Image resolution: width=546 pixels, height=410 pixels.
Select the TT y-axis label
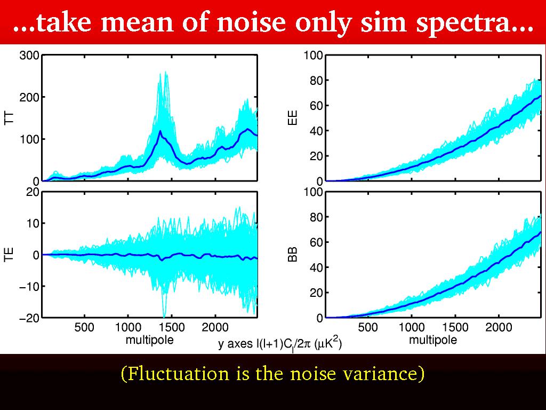coord(9,118)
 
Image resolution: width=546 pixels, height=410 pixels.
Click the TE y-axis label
coord(9,255)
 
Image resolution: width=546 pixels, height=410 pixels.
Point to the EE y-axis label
coord(293,118)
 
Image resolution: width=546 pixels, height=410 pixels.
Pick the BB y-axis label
coord(293,255)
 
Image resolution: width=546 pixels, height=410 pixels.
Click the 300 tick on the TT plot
coord(28,55)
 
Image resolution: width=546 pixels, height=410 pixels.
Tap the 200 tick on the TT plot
coord(28,97)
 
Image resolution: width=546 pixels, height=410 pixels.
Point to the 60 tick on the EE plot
coord(317,105)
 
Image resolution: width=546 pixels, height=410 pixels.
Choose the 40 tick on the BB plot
coord(317,267)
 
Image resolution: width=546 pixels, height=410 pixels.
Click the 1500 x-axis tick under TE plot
coord(172,327)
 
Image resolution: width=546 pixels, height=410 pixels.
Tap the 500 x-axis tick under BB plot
coord(368,327)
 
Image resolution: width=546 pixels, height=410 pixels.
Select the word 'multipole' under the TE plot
coord(149,339)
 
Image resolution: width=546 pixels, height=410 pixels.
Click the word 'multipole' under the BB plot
coord(433,339)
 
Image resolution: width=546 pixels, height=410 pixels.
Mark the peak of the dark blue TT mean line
coord(160,131)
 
